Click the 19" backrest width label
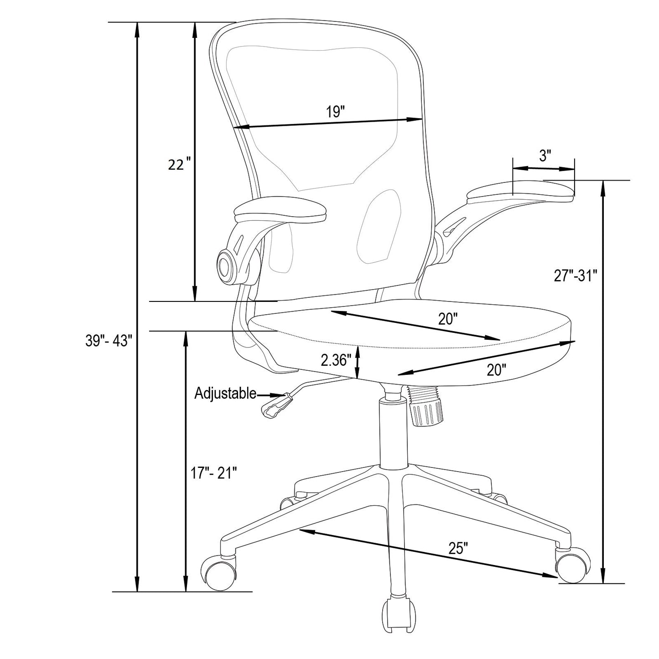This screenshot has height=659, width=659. click(x=335, y=112)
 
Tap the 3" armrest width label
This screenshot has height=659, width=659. click(x=545, y=156)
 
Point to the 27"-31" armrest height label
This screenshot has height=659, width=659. click(x=576, y=276)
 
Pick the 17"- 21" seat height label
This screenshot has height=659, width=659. click(x=214, y=473)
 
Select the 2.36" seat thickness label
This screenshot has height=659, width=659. click(x=336, y=360)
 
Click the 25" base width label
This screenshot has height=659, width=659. click(x=458, y=547)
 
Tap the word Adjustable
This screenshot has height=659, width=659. click(x=225, y=393)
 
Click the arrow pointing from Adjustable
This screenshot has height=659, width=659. click(x=272, y=395)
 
